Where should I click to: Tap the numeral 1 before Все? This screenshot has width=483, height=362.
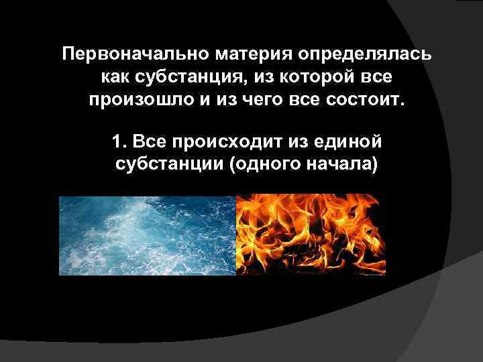point(119,141)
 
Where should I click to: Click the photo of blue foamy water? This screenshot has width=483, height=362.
point(148,235)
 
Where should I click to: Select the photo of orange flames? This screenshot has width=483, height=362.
point(307,235)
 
